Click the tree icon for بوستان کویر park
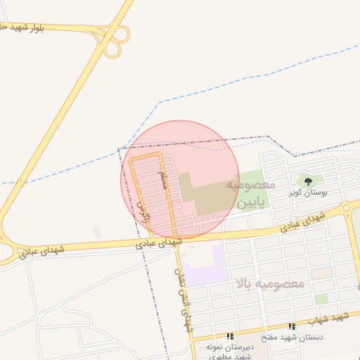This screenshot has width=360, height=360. pos(308,182)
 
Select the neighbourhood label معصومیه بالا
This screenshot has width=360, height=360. pos(271,284)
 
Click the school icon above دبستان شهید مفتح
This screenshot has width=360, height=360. pos(292,327)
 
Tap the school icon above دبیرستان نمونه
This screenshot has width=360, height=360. pos(230,337)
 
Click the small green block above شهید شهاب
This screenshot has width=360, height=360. pos(321,299)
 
